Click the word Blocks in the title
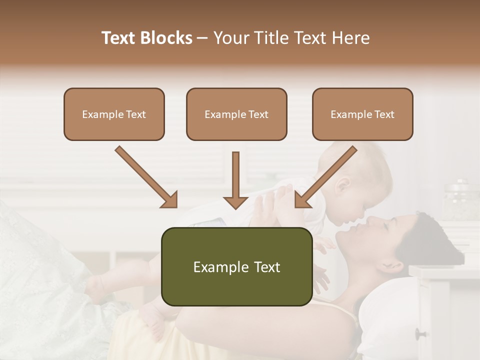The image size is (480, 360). tap(166, 38)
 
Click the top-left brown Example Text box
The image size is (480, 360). tap(114, 114)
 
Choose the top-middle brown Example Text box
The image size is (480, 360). tap(236, 114)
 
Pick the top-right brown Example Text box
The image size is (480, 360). tap(362, 114)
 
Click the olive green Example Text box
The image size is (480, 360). tap(236, 266)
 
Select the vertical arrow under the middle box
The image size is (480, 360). tap(235, 180)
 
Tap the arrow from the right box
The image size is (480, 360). tap(325, 177)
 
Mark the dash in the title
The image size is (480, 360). tap(203, 38)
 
